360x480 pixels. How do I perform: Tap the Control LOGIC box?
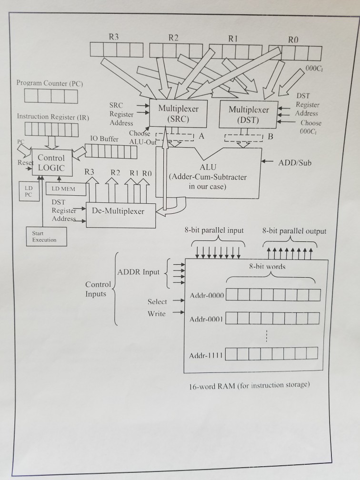coord(51,163)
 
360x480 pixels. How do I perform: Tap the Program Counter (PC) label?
coord(50,83)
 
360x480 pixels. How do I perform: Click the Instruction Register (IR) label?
coord(53,116)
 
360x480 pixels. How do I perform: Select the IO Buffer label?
coord(104,139)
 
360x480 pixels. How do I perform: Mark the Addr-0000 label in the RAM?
coord(206,296)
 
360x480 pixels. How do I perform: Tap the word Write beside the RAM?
coord(157,313)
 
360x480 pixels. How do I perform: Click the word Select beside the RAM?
coord(157,301)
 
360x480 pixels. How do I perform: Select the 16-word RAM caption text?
coord(249,385)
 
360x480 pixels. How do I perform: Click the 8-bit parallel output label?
coord(294,231)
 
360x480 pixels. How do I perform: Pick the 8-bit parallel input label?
coord(214,230)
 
